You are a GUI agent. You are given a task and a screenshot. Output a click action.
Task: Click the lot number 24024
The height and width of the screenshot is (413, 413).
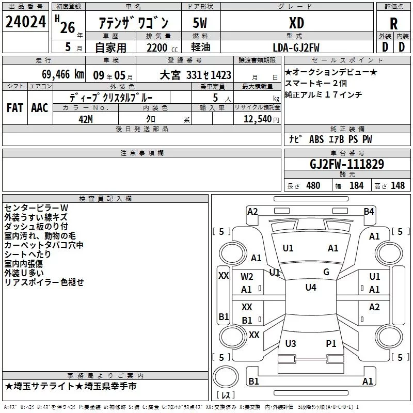point(25,22)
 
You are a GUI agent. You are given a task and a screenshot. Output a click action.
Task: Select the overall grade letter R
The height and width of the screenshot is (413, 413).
point(393,24)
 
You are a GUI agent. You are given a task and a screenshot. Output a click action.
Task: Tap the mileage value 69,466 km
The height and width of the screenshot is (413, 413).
point(63,74)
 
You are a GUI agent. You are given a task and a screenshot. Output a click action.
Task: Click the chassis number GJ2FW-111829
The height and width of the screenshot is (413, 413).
point(347,164)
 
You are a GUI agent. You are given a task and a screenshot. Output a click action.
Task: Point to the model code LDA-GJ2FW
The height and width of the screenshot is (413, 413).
point(296,47)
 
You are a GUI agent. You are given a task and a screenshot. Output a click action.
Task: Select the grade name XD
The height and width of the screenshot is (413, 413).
point(296,23)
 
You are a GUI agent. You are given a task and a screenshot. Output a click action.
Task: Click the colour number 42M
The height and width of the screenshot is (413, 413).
point(86,119)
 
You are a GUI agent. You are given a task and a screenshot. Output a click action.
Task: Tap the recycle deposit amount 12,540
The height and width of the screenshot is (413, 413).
point(258,119)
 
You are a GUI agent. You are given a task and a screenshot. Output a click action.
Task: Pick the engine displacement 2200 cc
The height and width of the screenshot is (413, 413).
point(162,48)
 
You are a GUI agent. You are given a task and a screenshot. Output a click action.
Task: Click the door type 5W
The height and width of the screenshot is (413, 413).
point(200,23)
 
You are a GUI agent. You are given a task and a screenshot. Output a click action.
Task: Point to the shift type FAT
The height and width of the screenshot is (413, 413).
point(15,108)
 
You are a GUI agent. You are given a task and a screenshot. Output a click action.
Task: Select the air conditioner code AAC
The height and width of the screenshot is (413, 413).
point(40,108)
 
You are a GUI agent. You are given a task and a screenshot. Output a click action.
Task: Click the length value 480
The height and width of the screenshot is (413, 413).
point(313,185)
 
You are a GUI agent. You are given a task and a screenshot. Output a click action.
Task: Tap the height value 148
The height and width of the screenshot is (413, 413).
point(398,185)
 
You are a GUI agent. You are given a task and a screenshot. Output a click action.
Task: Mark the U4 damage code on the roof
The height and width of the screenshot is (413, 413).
point(311,287)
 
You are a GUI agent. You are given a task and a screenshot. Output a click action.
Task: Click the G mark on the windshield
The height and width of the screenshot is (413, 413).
point(326,272)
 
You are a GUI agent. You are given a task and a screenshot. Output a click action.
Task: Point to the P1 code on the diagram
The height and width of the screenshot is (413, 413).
point(331,343)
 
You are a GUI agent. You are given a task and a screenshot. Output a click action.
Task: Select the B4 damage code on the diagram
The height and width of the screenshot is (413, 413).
point(369,212)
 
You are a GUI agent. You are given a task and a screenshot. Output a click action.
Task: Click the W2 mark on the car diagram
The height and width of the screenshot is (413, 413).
point(247,277)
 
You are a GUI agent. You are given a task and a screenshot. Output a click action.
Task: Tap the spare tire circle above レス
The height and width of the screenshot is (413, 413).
point(226,377)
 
